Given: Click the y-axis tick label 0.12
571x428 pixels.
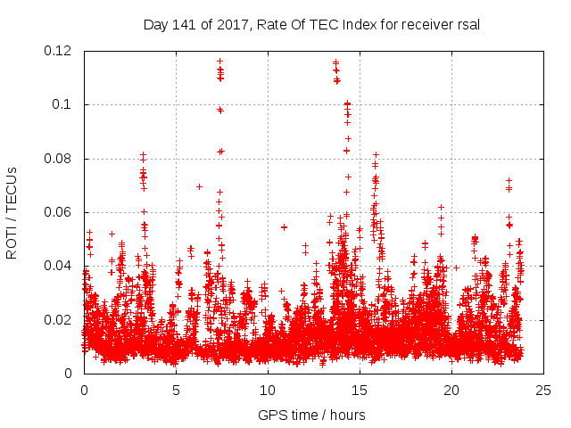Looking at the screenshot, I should coord(60,51).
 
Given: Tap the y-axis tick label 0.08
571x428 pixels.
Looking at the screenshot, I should coord(60,159).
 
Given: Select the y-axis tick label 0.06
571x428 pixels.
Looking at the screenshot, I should coord(60,212).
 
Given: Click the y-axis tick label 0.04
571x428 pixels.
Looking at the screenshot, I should coord(60,266).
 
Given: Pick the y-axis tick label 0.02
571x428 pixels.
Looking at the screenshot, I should coord(60,319).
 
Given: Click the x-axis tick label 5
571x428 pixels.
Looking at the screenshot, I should coord(176,390).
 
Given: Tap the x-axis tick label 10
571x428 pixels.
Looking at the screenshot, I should coord(268,390).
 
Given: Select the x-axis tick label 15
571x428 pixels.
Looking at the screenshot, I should coord(360,390).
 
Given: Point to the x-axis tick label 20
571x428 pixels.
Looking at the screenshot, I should coord(451,390).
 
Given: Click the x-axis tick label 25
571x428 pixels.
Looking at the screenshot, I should coord(543,390).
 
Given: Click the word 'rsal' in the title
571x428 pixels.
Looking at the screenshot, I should coord(468,24).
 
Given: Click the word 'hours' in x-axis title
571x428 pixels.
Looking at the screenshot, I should coord(346,415).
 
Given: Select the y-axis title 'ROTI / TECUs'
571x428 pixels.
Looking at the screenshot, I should coord(12,212).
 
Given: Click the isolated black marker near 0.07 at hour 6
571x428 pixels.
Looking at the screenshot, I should coord(199,186).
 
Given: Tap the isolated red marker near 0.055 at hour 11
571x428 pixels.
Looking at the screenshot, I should coord(284,226).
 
